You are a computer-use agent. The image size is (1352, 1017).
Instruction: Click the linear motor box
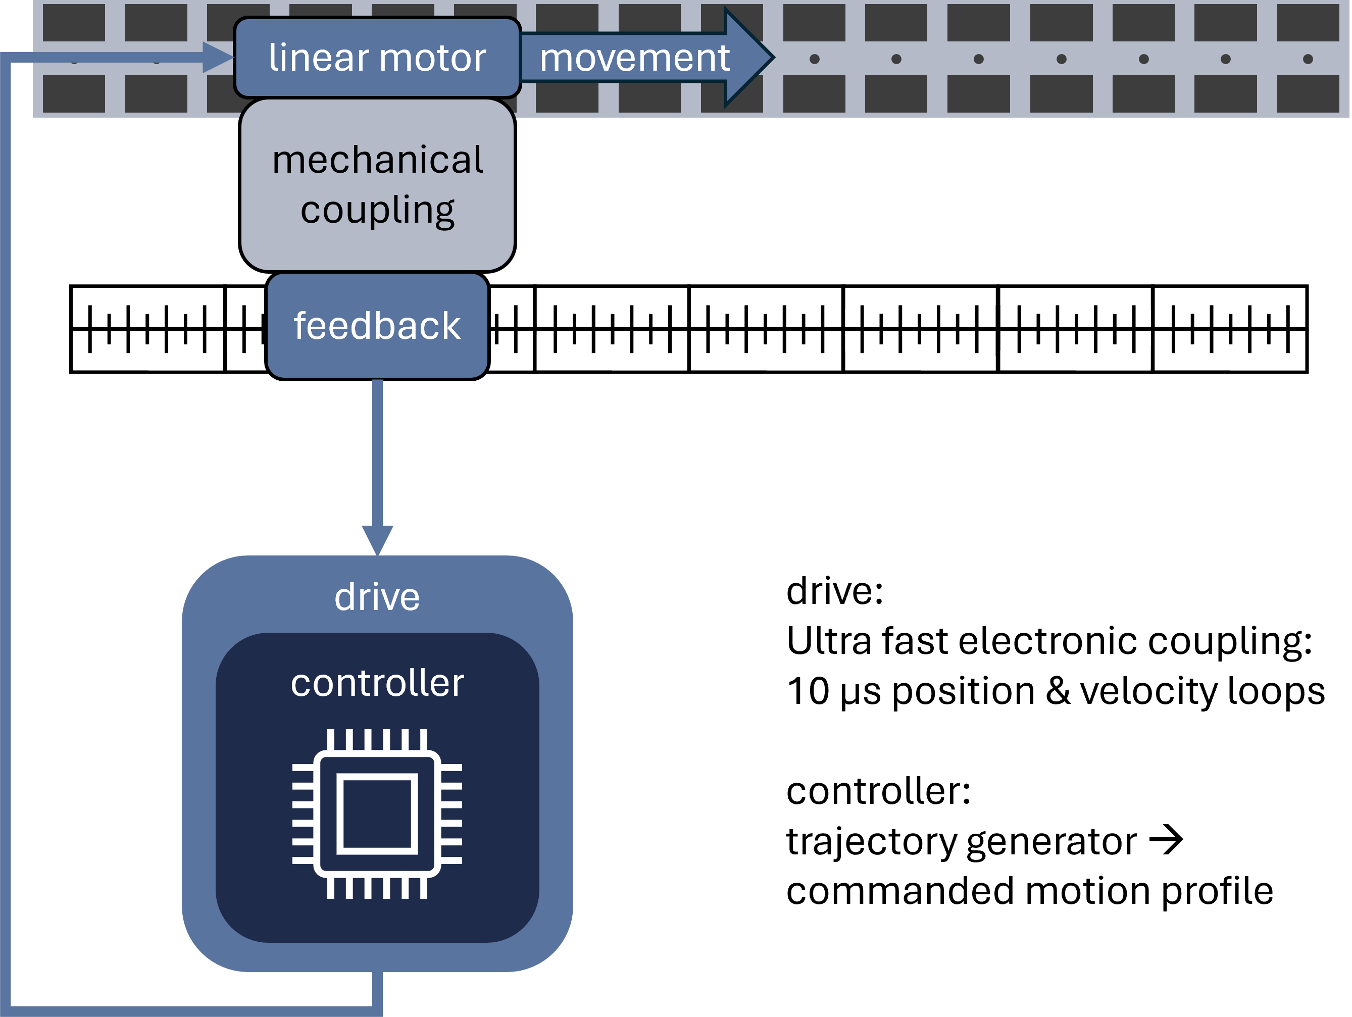[x=377, y=58]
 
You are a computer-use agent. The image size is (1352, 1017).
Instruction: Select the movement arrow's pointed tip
[x=774, y=58]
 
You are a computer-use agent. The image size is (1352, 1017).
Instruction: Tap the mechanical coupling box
[x=377, y=185]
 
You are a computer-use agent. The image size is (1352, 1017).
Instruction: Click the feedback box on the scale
[x=377, y=326]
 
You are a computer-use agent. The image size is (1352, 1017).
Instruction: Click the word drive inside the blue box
[x=377, y=597]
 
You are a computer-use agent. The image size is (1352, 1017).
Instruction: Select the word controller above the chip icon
[x=377, y=683]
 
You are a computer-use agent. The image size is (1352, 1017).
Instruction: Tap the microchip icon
[x=377, y=814]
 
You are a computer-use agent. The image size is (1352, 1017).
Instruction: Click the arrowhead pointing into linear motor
[x=218, y=58]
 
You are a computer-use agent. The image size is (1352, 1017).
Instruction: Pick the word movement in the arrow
[x=634, y=58]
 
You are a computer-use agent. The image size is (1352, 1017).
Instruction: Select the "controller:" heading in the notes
[x=878, y=791]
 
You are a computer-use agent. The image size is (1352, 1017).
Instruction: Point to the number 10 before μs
[x=808, y=691]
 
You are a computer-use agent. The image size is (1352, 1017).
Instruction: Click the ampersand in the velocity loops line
[x=1058, y=691]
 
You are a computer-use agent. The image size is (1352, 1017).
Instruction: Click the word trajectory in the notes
[x=870, y=842]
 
